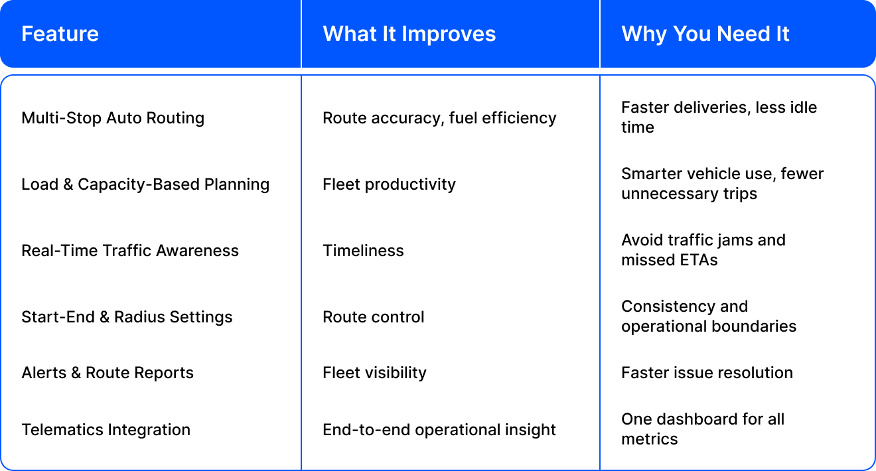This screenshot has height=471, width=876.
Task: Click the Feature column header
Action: pos(60,34)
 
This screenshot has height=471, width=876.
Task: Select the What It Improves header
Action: pos(409,34)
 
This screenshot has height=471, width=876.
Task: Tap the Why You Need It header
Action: pos(705,34)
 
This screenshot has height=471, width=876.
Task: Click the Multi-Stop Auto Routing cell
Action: pos(113,118)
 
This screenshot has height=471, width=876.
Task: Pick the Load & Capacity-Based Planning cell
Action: pos(145,184)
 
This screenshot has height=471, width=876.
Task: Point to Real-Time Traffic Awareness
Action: pos(130,251)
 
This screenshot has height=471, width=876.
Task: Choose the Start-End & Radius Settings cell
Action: pos(127,317)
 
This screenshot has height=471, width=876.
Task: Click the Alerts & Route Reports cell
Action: pos(108,373)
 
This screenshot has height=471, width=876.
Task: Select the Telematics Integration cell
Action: pos(106,430)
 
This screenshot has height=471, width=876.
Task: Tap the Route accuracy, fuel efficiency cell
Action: pos(439,118)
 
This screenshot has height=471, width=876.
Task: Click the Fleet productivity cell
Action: pos(389,184)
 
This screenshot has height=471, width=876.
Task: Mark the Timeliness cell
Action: pos(363,251)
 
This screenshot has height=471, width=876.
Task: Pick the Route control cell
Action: pos(373,317)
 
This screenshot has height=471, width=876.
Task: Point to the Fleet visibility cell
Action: pos(374,373)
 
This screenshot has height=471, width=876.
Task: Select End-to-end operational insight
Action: pos(439,430)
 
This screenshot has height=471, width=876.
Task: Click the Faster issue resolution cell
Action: pos(707,373)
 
